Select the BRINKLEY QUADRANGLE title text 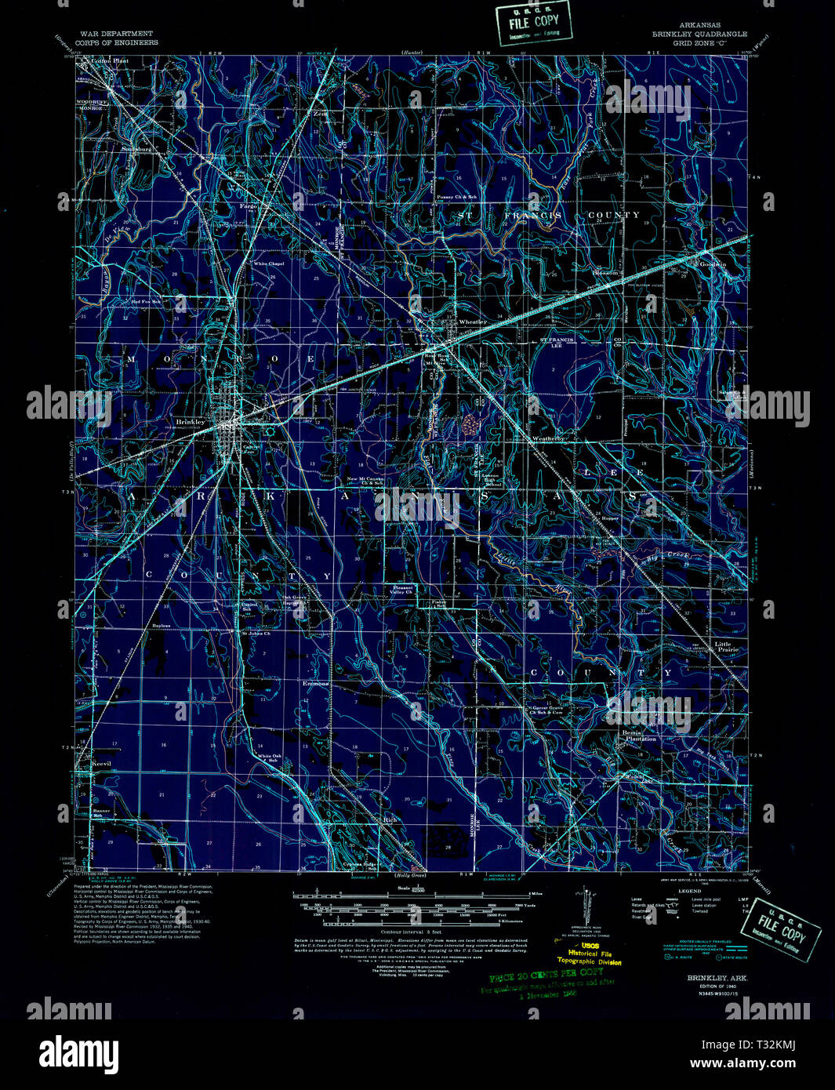[x=699, y=35]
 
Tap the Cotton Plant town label [x=110, y=60]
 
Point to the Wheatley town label [x=472, y=322]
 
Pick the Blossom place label [x=605, y=273]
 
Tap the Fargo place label [x=248, y=206]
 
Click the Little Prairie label [x=726, y=647]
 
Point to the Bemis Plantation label [x=639, y=736]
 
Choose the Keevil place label [x=103, y=763]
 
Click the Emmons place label [x=316, y=684]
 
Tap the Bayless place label [x=162, y=626]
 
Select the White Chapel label [x=268, y=264]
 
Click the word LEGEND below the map [x=689, y=892]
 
